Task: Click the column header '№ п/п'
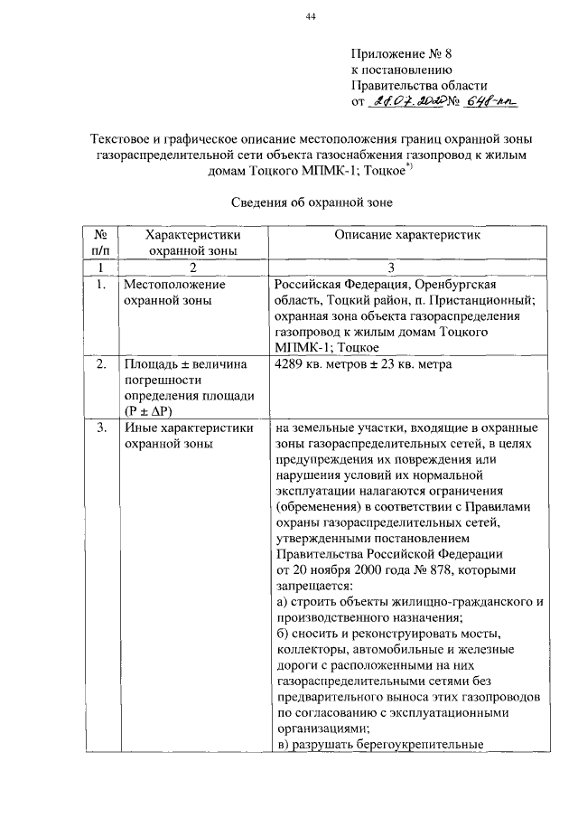pos(100,242)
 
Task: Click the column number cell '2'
pos(191,268)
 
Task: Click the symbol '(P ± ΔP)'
pos(151,410)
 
